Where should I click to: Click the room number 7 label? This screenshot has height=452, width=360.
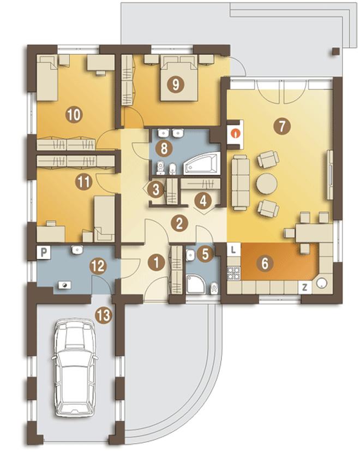pos(282,126)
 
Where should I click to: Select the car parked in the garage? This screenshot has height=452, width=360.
pos(75,367)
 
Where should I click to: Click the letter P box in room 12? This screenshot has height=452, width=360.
pos(44,253)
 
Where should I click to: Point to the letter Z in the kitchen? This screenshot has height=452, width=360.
pos(305,287)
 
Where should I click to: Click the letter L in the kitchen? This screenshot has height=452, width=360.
pos(233,249)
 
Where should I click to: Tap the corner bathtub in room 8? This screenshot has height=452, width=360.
pos(201,164)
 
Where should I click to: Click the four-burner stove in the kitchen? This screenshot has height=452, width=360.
pos(233,273)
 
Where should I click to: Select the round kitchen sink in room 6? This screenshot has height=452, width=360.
pos(321,283)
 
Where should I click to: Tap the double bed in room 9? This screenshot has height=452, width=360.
pos(179,79)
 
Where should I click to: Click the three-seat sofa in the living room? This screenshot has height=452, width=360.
pos(241,182)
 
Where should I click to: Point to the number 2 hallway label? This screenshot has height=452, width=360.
pos(179,223)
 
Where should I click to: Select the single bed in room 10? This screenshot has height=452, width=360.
pos(47,78)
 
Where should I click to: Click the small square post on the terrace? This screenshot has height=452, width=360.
pos(335,52)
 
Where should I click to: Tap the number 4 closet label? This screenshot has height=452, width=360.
pos(203,201)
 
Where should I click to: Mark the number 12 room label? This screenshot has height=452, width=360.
pos(98,265)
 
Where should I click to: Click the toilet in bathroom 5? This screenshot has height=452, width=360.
pos(214,288)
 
